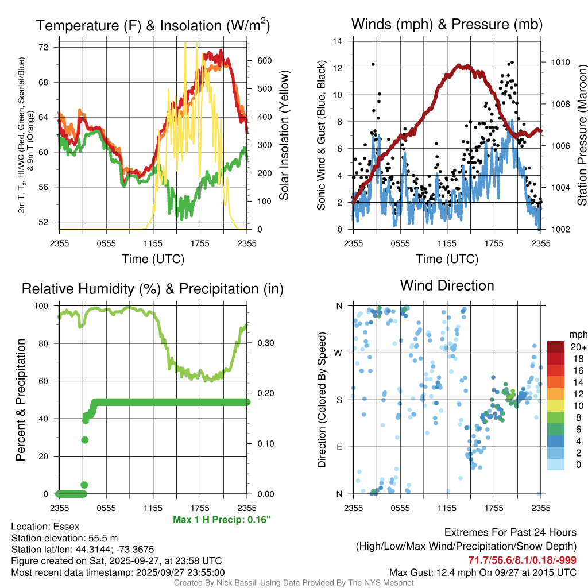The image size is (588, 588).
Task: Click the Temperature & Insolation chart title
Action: click(153, 25)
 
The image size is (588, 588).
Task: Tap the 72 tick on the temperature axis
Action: click(44, 47)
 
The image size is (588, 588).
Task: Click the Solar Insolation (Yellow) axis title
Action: click(284, 135)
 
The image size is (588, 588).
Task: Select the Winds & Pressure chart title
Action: click(447, 24)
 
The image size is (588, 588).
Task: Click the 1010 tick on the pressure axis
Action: click(560, 62)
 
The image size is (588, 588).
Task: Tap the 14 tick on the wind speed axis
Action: click(338, 41)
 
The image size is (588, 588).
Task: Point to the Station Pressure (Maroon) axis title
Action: click(582, 135)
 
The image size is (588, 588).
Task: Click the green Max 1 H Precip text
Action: click(222, 520)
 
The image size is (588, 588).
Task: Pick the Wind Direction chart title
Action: click(447, 285)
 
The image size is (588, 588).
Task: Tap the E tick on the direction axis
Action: click(339, 447)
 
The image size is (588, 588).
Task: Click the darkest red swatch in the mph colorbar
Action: click(556, 347)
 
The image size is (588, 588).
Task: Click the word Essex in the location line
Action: click(66, 527)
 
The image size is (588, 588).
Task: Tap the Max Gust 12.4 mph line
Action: click(483, 572)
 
